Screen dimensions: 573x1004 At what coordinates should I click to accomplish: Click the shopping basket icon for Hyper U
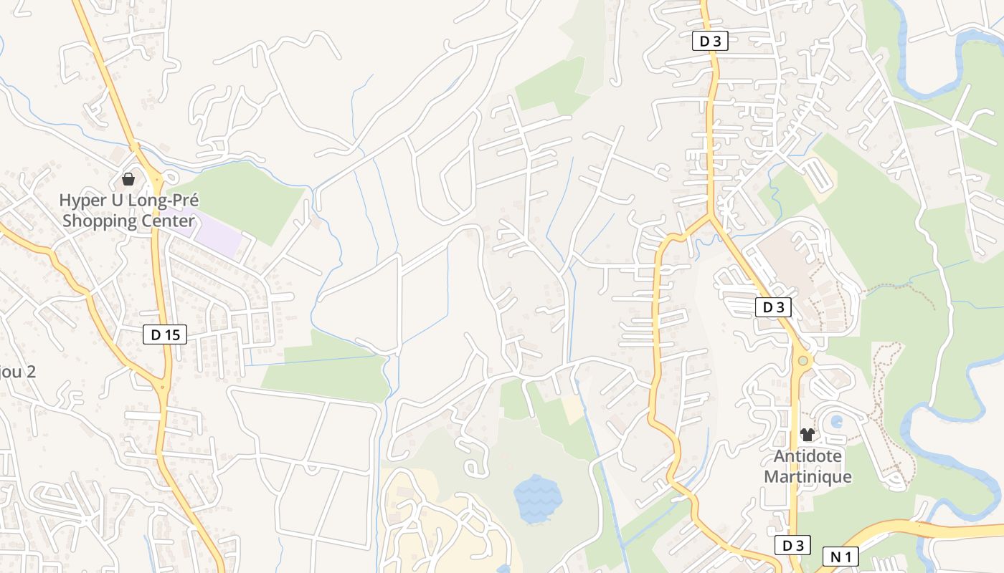click(x=128, y=179)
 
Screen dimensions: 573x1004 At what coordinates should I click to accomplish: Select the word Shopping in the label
click(x=99, y=221)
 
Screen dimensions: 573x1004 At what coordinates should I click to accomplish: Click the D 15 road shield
click(x=165, y=334)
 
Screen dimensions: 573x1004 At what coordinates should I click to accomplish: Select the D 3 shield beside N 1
click(x=793, y=546)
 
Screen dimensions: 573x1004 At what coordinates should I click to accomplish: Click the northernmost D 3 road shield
click(x=710, y=42)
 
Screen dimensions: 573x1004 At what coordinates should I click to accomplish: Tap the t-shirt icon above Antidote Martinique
click(x=808, y=435)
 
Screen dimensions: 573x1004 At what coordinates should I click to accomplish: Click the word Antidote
click(x=808, y=456)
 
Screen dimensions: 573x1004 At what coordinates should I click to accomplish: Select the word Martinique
click(x=808, y=476)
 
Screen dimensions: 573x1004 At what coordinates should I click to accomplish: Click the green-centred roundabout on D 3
click(x=802, y=361)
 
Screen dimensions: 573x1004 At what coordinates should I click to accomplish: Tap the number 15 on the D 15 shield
click(x=172, y=334)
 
